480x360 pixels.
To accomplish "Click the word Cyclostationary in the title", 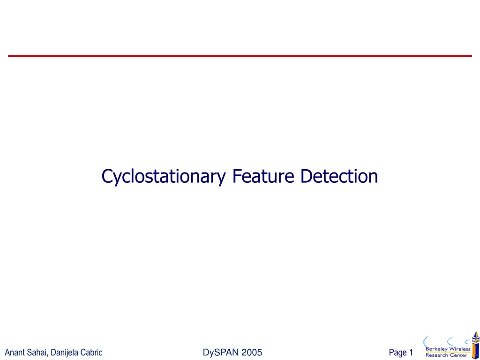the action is click(164, 177).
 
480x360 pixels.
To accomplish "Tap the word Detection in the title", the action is click(339, 176).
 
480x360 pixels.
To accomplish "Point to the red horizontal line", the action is click(240, 56).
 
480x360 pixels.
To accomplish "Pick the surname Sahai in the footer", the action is click(37, 352).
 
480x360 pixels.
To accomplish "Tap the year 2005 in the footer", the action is click(252, 352).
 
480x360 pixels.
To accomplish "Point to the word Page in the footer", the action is click(398, 353).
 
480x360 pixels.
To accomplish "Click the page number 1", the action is click(411, 352).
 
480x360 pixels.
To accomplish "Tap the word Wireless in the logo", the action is click(459, 349).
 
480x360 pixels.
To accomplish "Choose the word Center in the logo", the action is click(458, 355).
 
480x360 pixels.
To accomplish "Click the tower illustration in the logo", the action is click(475, 345).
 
